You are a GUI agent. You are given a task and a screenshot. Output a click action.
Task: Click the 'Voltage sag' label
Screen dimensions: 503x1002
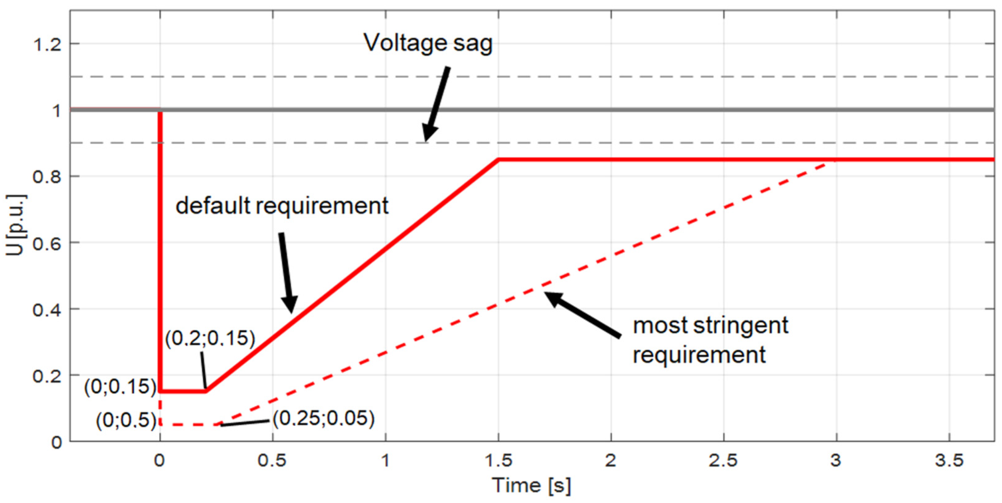[x=428, y=43]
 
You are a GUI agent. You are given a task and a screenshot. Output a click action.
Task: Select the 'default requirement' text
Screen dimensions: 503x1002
[x=282, y=205]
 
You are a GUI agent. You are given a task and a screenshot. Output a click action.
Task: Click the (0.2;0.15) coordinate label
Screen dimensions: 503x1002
[x=210, y=338]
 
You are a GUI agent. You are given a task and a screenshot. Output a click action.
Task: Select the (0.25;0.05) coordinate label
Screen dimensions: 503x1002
[x=323, y=418]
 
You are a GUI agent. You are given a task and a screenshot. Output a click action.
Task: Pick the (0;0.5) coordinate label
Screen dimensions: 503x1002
[x=126, y=420]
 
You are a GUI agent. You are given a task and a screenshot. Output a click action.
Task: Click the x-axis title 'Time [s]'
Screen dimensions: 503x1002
[x=531, y=485]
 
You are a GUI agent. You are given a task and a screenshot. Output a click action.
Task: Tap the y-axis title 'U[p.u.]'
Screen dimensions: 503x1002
[x=15, y=225]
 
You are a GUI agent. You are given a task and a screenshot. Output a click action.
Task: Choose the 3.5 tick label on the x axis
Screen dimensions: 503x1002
[x=949, y=461]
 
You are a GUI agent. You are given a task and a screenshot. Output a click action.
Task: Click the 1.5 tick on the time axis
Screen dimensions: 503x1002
[x=498, y=461]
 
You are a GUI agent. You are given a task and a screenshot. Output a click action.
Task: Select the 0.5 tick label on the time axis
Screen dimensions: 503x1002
[x=272, y=461]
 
